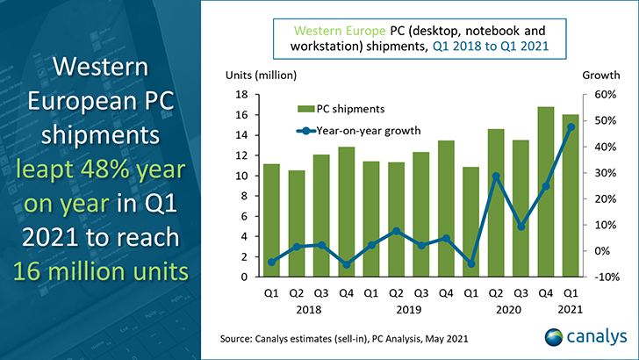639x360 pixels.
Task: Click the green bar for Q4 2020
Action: [x=546, y=191]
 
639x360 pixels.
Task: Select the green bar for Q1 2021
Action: [x=571, y=196]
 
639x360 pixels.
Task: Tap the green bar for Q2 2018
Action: [x=297, y=223]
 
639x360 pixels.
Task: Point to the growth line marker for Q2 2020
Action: [x=496, y=176]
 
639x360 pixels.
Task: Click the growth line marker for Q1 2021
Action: [x=571, y=127]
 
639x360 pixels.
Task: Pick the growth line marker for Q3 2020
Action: [x=521, y=227]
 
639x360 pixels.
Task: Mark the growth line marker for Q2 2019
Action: [x=396, y=231]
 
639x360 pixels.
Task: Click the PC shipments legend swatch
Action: [x=305, y=109]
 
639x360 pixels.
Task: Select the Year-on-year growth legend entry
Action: [x=359, y=131]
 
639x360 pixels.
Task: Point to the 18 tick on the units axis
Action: [x=241, y=95]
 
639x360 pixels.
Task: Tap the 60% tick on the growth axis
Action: [x=605, y=95]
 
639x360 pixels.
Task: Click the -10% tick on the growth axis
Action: [x=607, y=277]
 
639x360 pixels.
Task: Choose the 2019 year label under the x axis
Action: [x=409, y=310]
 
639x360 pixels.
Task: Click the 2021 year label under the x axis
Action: [x=571, y=310]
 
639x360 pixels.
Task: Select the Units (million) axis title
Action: [x=262, y=76]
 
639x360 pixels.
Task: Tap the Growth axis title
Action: [x=601, y=75]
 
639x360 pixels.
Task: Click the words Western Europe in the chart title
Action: [x=340, y=31]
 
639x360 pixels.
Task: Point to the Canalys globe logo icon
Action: [x=553, y=337]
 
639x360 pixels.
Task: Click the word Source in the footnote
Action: [x=235, y=339]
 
